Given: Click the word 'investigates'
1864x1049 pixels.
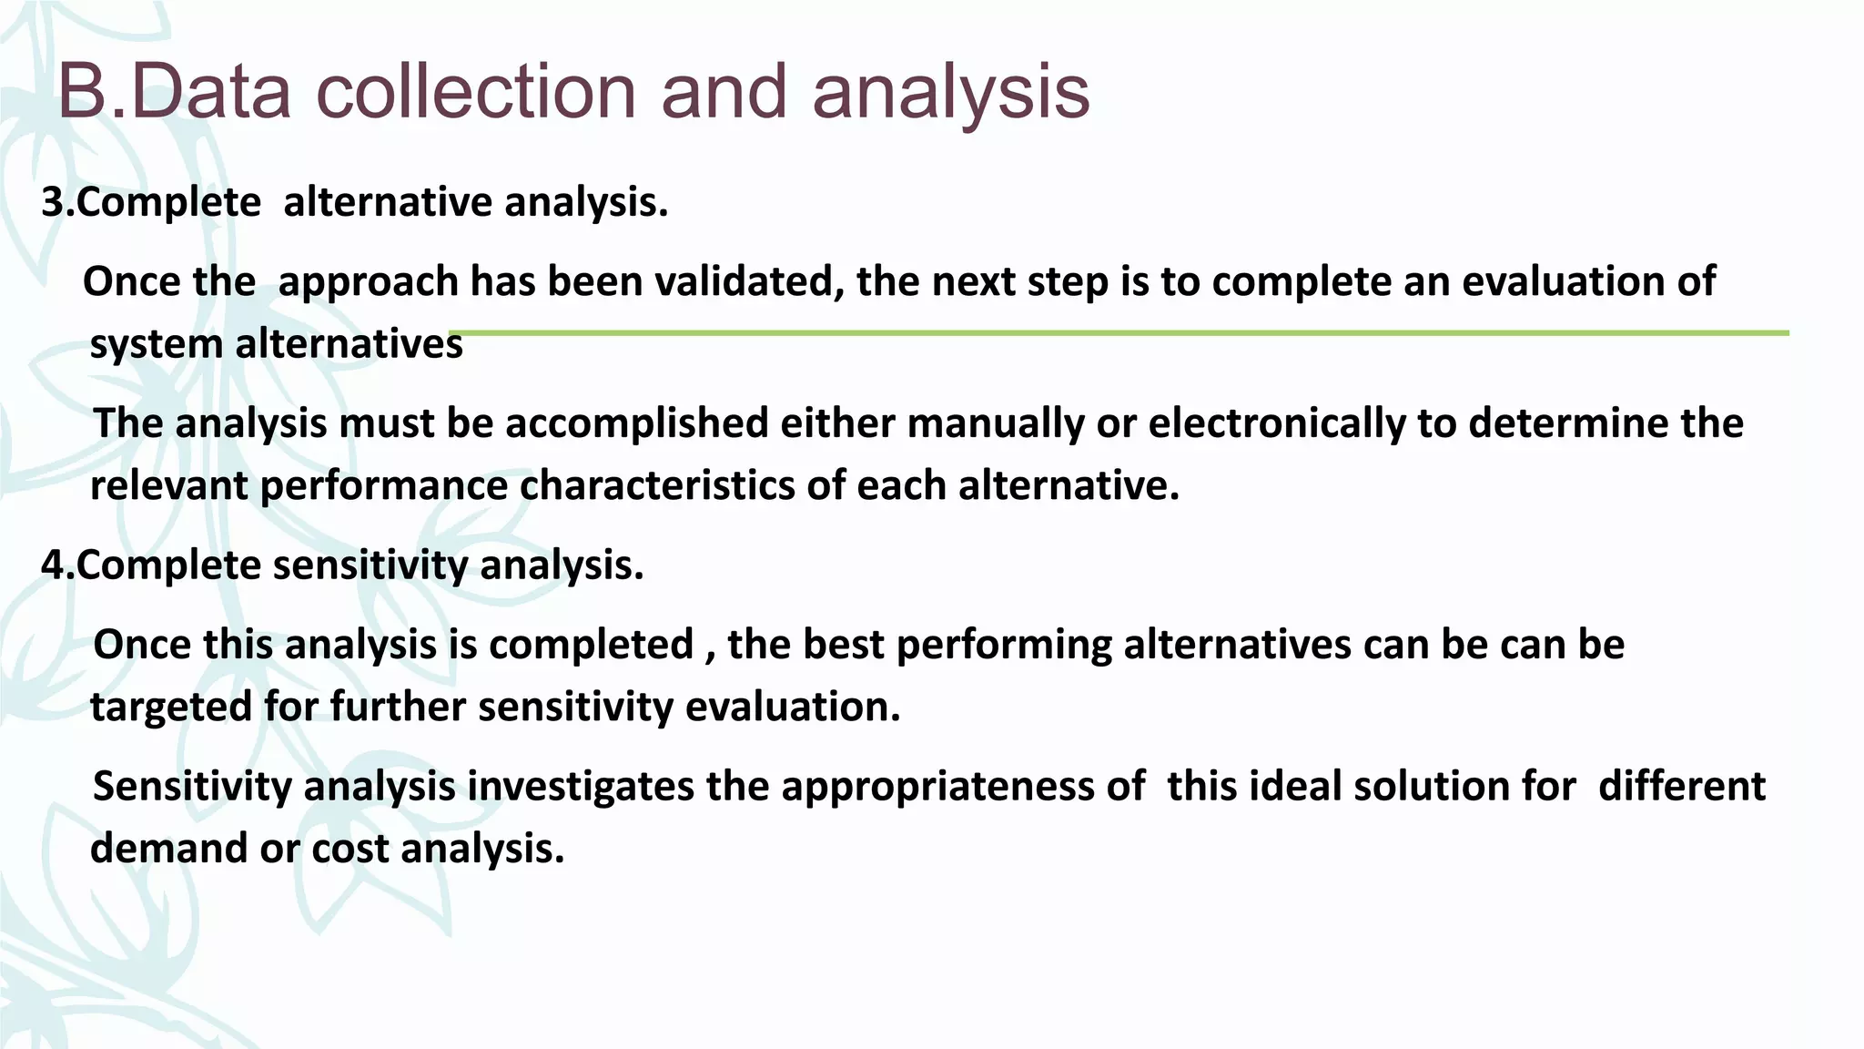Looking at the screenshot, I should [581, 786].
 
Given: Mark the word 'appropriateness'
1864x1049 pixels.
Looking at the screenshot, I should [963, 786].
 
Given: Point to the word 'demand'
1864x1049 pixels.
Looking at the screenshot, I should [169, 849].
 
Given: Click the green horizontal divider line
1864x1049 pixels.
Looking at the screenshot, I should [1119, 333].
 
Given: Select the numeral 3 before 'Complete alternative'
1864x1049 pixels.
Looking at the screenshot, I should [53, 202].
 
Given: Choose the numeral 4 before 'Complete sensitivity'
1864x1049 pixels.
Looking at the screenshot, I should [53, 565].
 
